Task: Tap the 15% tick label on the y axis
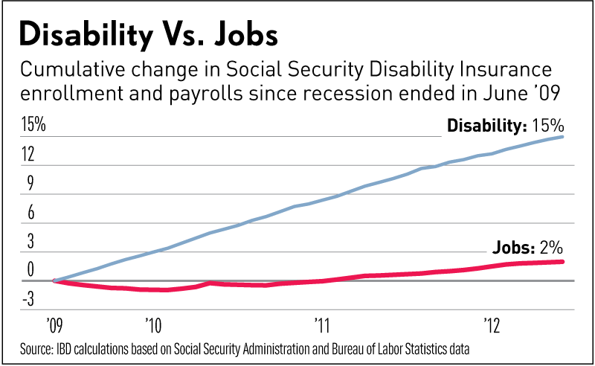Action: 33,125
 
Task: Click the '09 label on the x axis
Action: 53,325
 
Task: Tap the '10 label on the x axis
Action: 152,325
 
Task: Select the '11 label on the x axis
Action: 322,325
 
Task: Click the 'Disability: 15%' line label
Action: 504,126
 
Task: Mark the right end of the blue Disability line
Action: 562,137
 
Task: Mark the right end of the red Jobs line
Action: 562,262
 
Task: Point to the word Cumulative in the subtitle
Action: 63,71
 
